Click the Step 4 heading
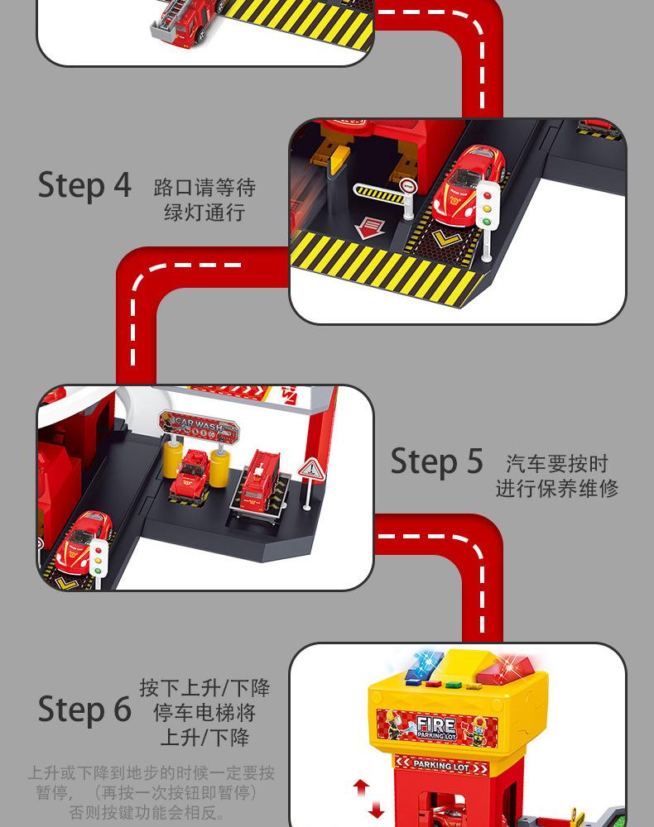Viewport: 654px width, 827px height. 84,185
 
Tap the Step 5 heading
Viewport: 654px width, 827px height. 436,461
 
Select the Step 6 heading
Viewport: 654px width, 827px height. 84,709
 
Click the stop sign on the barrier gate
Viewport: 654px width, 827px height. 406,186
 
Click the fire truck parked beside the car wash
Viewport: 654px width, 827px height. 260,480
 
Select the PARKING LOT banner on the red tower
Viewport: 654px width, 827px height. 444,766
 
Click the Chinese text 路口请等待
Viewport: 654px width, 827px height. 204,187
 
